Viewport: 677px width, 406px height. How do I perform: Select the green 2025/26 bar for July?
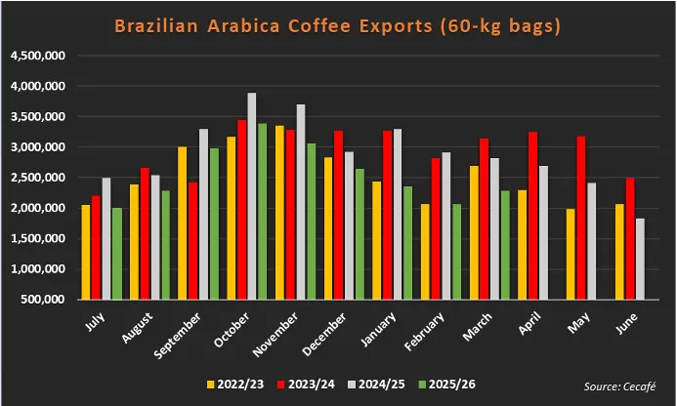117,253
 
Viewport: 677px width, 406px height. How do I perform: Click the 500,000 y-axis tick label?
42,299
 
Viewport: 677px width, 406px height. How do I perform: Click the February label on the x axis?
426,332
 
